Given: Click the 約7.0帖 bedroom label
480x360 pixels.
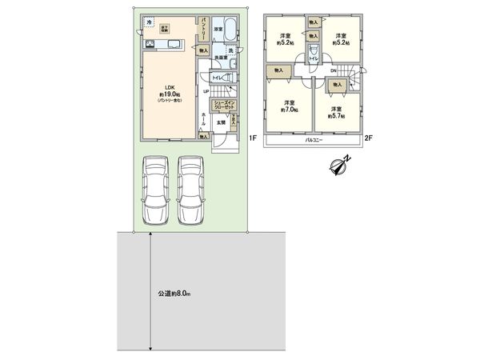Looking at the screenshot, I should [289, 106].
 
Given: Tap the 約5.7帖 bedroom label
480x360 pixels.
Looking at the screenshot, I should [338, 111].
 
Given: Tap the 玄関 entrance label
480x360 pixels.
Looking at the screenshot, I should [219, 122].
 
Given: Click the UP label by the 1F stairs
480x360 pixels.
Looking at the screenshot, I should [206, 90].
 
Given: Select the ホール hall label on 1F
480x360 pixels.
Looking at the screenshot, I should [204, 119].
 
